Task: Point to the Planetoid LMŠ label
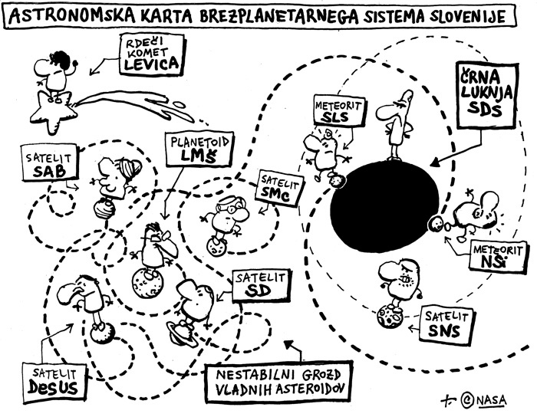tap(193, 149)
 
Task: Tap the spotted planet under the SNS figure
tap(391, 315)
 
